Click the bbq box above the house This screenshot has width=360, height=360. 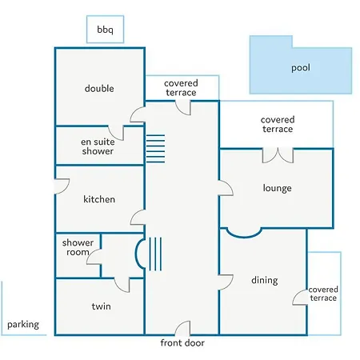[x=105, y=30]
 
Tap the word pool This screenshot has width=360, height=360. [x=301, y=67]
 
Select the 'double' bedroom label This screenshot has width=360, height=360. [x=99, y=88]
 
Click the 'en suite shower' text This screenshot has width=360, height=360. [x=98, y=146]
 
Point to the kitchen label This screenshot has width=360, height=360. [x=99, y=199]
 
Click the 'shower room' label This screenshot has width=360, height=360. [x=78, y=247]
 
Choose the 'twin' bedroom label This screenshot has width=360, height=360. [x=102, y=306]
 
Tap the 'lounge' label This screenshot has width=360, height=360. [x=277, y=188]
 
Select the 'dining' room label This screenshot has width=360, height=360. [x=265, y=280]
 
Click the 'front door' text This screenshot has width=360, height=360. [x=182, y=342]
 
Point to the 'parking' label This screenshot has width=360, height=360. [x=23, y=325]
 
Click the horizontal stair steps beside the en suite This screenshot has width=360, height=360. [x=155, y=149]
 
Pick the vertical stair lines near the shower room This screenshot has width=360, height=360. [x=155, y=254]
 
